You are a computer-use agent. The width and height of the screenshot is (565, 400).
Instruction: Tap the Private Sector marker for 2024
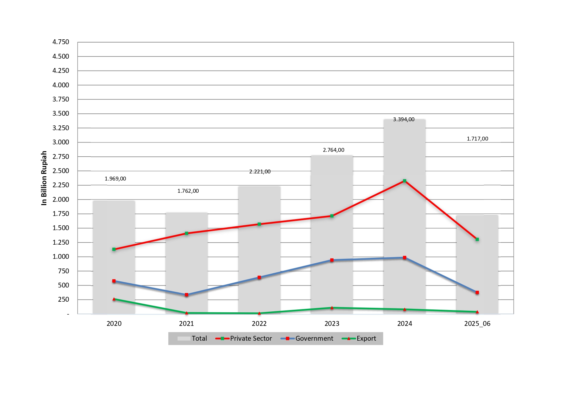click(x=404, y=181)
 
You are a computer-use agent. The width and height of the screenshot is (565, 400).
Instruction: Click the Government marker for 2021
click(x=186, y=295)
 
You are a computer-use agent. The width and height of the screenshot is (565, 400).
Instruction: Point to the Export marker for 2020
click(x=114, y=299)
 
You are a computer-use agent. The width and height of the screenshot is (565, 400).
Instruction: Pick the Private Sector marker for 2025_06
click(x=477, y=239)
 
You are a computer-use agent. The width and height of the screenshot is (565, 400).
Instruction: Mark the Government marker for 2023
click(x=332, y=260)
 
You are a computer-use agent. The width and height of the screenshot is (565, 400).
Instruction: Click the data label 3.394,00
click(x=404, y=120)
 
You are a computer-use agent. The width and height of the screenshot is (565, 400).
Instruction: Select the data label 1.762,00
click(x=188, y=191)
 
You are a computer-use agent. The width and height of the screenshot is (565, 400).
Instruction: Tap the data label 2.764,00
click(x=334, y=150)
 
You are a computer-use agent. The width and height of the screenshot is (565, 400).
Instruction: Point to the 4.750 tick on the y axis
click(x=61, y=42)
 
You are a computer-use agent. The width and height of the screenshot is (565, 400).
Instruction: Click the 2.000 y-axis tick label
click(x=61, y=200)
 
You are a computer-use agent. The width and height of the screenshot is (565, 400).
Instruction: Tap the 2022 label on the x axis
click(x=259, y=324)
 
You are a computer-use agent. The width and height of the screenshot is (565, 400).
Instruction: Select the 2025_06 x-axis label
click(x=477, y=324)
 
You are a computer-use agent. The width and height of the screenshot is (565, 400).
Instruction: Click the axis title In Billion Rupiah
click(x=44, y=178)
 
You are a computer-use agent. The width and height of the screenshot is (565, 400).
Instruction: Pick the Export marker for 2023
click(x=332, y=308)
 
